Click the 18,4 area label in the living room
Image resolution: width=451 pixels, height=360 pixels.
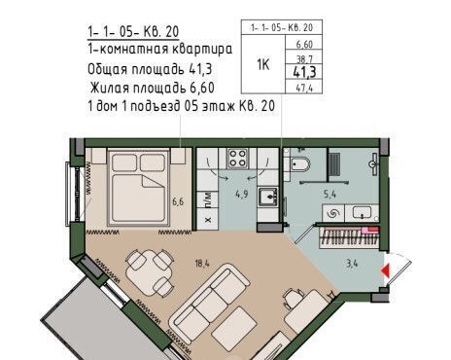tap(202, 264)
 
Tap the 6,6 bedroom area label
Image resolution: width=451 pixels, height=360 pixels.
tap(178, 201)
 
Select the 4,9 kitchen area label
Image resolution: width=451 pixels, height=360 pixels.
tap(242, 195)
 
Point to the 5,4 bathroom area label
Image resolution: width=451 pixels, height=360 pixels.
tap(330, 195)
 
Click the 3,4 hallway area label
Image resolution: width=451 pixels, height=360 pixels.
tap(352, 263)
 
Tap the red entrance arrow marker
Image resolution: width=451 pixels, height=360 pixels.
tap(385, 271)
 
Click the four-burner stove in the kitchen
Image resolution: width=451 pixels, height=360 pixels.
tap(237, 158)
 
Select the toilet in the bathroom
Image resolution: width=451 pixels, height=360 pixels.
tap(299, 164)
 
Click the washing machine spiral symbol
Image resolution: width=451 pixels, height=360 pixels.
tap(332, 213)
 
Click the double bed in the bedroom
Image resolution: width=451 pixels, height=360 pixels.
tap(139, 187)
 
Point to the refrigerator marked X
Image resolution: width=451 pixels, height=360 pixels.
tap(208, 220)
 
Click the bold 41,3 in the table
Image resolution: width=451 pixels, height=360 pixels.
tap(304, 72)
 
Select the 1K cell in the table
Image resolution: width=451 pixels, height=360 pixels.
tap(263, 64)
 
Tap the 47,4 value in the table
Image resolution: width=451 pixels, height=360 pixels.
tap(304, 88)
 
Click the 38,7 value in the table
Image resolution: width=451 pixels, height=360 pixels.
tap(304, 59)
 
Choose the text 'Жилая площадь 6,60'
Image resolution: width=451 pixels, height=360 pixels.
tap(153, 88)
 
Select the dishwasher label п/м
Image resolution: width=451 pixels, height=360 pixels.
tap(208, 199)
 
